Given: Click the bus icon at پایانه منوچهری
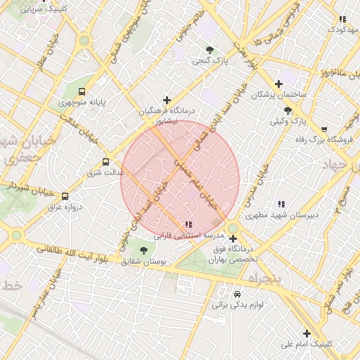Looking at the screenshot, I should (83, 91).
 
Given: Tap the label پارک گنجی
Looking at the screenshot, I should (212, 61).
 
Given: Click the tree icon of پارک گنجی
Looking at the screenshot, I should (210, 49).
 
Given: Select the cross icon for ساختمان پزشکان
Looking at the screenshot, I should (278, 84).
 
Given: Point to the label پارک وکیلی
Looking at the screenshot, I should (288, 121).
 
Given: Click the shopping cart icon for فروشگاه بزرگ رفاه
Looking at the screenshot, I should (323, 129).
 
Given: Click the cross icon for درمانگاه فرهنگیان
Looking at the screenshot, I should (167, 100).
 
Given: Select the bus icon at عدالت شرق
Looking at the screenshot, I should (106, 161).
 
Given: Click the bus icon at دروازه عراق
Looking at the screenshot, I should (65, 196).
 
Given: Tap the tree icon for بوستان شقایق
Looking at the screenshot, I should (144, 250).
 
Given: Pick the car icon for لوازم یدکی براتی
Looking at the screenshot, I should (236, 293).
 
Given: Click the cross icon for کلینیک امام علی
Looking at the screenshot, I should (307, 333).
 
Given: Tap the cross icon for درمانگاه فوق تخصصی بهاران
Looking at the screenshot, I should (233, 239).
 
